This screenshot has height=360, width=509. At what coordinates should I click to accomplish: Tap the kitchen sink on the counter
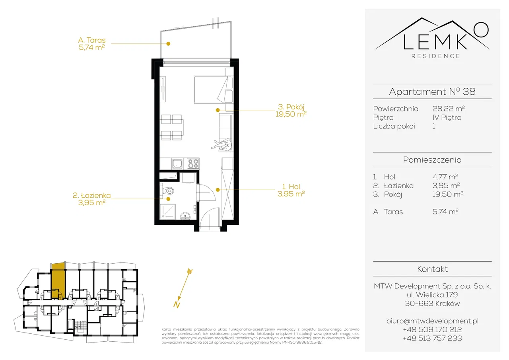click(x=177, y=163)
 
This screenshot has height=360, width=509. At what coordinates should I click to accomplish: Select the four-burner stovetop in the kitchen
click(x=193, y=163)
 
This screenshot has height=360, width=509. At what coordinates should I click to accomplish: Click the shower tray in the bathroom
click(x=168, y=211)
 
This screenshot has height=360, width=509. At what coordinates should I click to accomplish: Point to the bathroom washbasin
click(x=185, y=216)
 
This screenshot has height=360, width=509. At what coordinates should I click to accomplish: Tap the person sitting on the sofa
click(x=223, y=145)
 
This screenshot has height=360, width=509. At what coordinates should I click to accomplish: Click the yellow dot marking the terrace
click(x=168, y=44)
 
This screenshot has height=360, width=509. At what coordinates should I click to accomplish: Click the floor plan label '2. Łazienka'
click(x=91, y=195)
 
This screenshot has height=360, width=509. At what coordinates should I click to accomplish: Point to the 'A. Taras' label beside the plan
click(x=92, y=40)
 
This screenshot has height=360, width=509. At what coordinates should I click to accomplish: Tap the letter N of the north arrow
click(x=177, y=304)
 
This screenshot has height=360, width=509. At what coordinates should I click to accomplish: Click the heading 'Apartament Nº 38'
click(x=432, y=91)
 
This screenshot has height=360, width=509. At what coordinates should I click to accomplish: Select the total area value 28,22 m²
click(x=448, y=109)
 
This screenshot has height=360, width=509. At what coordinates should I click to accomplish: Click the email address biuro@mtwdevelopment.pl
click(x=432, y=321)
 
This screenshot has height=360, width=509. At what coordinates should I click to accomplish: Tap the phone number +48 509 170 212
click(x=432, y=329)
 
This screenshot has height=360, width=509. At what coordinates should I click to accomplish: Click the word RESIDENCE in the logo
click(x=436, y=56)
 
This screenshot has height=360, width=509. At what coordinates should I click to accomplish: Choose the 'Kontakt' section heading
click(x=432, y=269)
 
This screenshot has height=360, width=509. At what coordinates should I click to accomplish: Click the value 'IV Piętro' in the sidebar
click(x=447, y=117)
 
